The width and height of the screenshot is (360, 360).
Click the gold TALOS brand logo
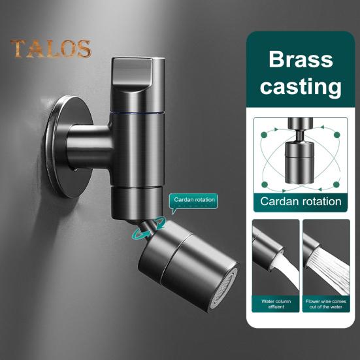[x=51, y=48]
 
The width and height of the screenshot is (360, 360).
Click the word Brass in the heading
[x=301, y=59]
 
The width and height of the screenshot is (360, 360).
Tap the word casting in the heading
[x=301, y=86]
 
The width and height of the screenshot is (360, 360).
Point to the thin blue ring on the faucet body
[x=137, y=113]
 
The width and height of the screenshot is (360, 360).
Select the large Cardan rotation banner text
[x=301, y=201]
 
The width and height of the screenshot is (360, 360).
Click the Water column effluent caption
[x=276, y=304]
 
